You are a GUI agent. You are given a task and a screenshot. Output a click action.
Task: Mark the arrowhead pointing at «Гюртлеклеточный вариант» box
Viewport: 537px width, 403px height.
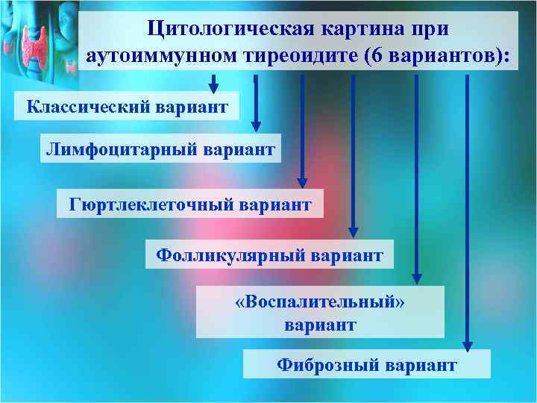302,181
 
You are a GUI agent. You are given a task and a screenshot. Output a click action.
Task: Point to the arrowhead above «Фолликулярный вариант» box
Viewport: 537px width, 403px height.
354,231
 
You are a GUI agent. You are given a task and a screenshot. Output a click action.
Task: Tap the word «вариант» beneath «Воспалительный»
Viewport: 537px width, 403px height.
320,325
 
